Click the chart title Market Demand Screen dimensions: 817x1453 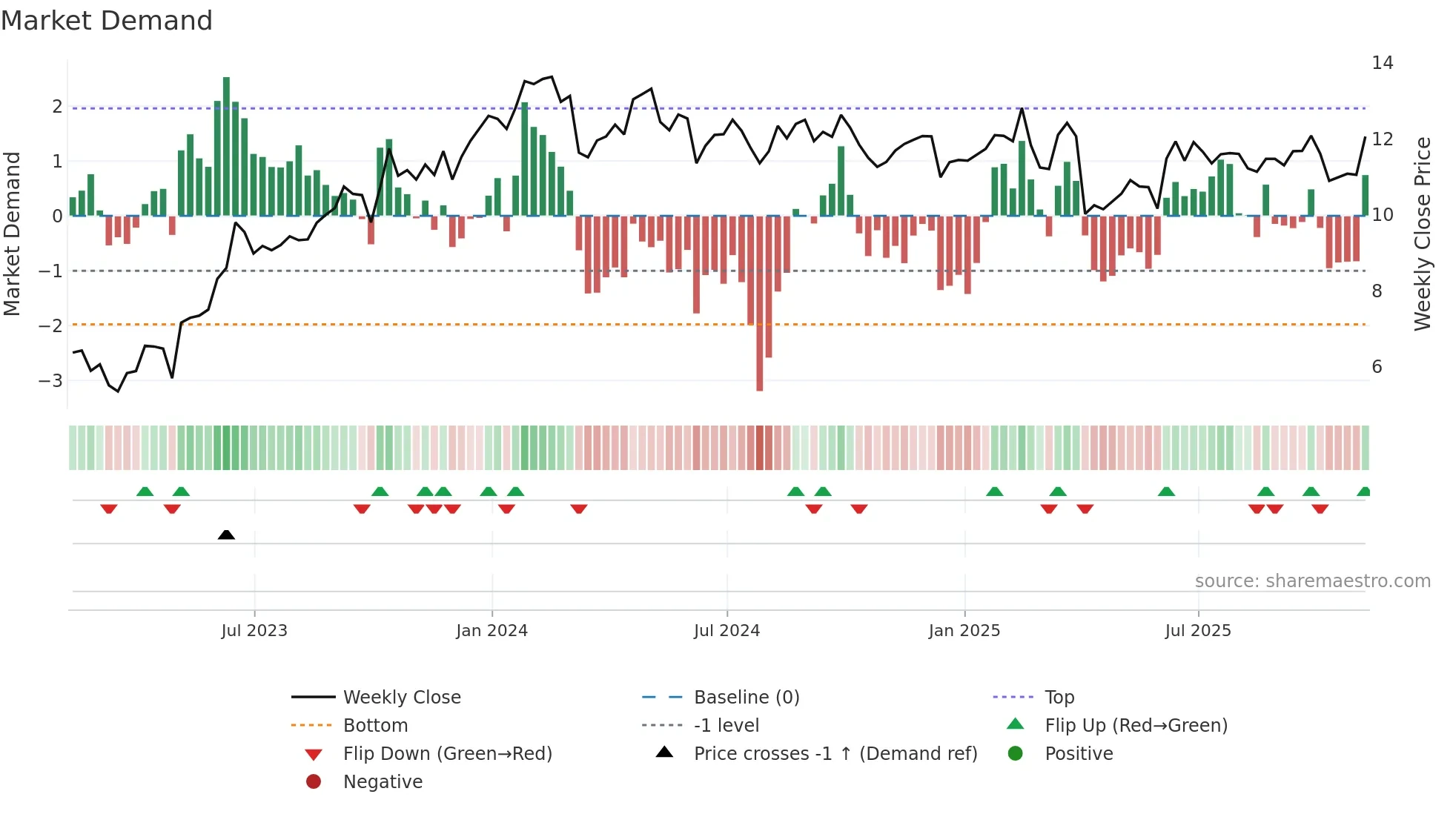click(x=107, y=21)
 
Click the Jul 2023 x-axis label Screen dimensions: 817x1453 click(x=254, y=631)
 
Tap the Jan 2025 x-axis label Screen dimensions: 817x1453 click(x=964, y=631)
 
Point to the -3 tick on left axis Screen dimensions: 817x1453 click(x=50, y=381)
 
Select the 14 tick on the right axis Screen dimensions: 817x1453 click(x=1382, y=63)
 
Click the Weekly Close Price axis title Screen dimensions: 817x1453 click(x=1422, y=234)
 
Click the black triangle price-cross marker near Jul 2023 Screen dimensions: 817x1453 click(x=226, y=535)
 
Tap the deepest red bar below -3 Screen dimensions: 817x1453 click(x=759, y=304)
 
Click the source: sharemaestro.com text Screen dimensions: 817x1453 click(x=1312, y=581)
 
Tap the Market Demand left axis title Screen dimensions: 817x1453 click(x=12, y=234)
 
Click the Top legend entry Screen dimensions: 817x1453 click(x=1059, y=698)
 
